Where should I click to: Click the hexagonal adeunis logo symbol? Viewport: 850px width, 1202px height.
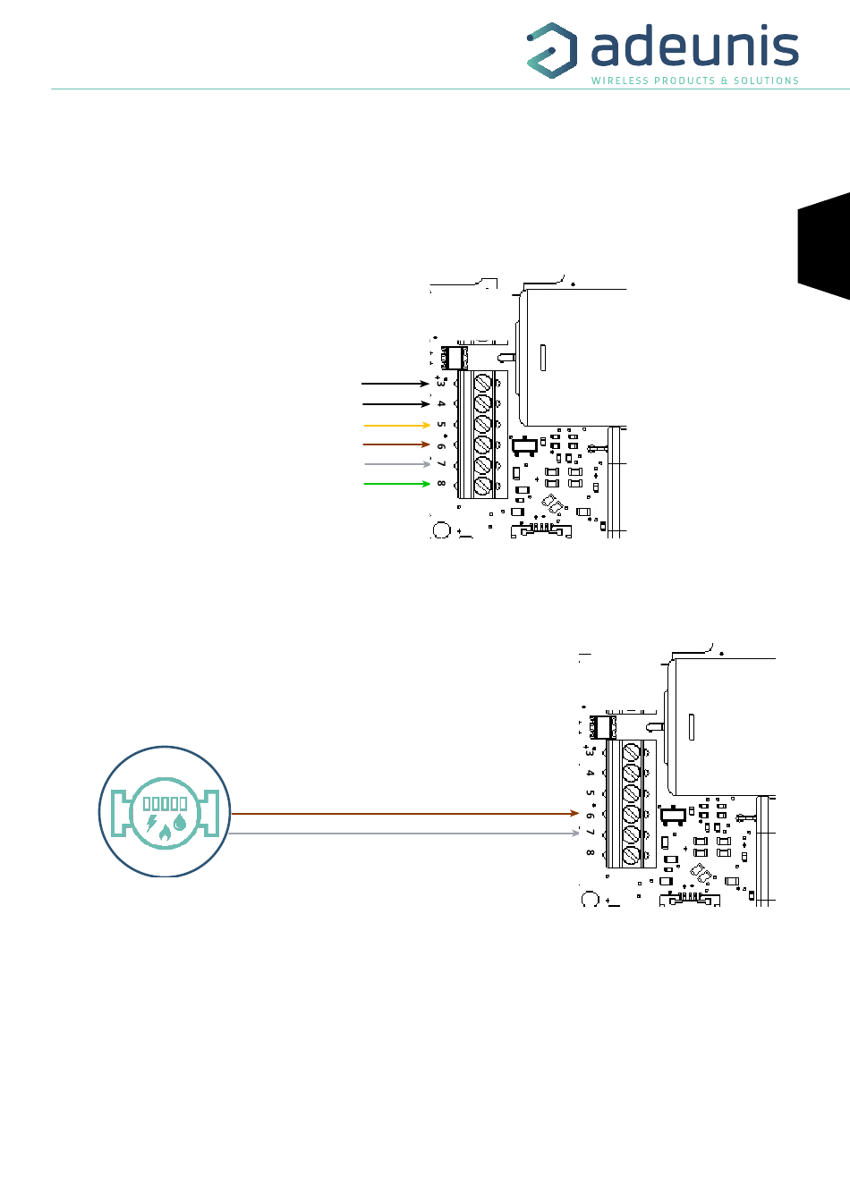pos(551,50)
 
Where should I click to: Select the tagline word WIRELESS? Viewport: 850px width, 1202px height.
pos(618,80)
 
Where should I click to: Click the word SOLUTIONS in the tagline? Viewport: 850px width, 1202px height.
pos(766,80)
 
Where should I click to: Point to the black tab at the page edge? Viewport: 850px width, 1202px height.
pos(824,246)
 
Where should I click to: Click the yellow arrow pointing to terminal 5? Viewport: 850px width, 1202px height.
pos(396,425)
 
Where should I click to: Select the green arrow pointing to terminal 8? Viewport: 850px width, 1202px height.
pos(396,484)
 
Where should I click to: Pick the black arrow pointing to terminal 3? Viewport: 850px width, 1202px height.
pos(395,384)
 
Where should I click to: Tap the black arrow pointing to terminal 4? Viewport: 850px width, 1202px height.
pos(396,404)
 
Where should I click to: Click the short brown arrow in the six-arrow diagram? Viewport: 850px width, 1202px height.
pos(396,444)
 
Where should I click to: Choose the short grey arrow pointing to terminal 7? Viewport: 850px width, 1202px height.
pos(397,464)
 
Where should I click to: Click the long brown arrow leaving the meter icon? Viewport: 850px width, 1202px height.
pos(404,814)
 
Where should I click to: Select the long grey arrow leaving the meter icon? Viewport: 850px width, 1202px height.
pos(404,834)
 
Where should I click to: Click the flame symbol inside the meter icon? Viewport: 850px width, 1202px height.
pos(165,833)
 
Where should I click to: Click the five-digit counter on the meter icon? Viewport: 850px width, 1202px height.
pos(165,803)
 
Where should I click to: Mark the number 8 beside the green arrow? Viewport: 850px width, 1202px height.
pos(441,484)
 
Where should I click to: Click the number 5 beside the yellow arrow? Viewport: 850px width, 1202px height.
pos(441,425)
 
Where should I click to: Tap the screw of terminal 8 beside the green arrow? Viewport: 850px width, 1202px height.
pos(483,487)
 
